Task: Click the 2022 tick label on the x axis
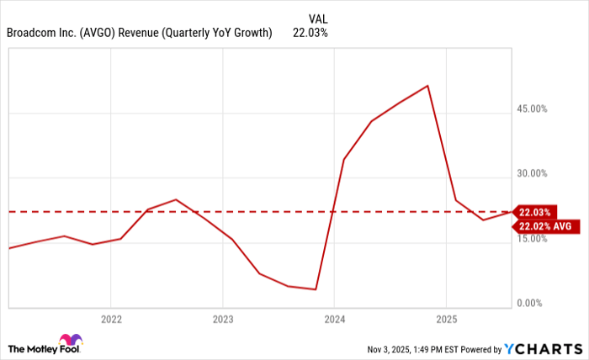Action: coord(111,320)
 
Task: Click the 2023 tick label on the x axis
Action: coord(222,320)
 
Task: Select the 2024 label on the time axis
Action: coord(334,320)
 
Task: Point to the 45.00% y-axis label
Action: coord(532,109)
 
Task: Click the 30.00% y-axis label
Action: coord(532,173)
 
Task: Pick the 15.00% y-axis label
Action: coord(532,238)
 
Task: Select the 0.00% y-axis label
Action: coord(534,303)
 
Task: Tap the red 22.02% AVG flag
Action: coord(545,226)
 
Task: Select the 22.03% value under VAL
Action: coord(310,34)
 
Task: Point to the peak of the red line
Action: coord(428,86)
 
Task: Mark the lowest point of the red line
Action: coord(316,289)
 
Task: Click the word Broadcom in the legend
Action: coord(29,34)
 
